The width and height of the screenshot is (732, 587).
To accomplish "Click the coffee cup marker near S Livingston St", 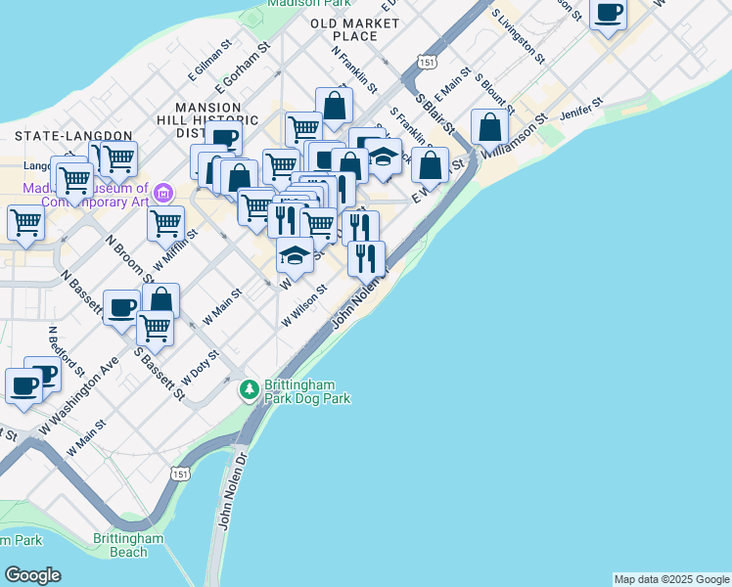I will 609,15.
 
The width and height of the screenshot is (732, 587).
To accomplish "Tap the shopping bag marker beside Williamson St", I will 489,128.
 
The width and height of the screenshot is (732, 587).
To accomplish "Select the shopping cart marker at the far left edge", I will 24,223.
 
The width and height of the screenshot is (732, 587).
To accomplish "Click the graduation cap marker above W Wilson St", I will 294,256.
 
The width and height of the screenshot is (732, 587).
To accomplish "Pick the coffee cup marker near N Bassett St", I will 121,308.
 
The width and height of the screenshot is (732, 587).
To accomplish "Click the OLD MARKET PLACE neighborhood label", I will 343,28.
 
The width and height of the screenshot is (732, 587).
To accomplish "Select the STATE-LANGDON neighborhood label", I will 73,135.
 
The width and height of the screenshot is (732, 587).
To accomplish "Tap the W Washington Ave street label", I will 79,396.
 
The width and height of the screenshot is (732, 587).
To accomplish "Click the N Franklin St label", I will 354,68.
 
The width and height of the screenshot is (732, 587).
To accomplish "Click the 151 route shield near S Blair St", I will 426,62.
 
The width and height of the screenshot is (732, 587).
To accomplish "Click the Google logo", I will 32,575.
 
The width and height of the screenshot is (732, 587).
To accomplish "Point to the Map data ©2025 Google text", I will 671,579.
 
